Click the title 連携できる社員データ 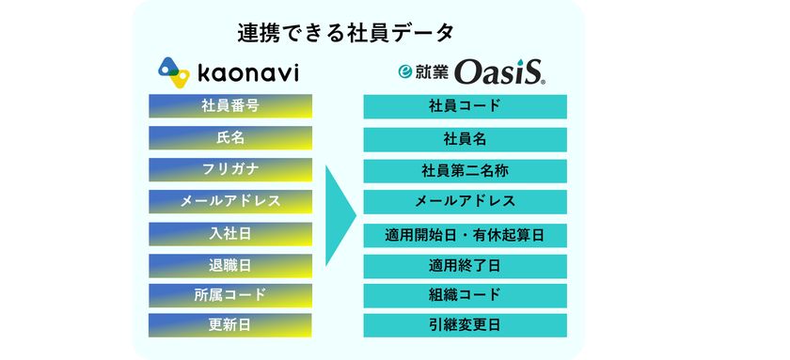pyautogui.click(x=347, y=33)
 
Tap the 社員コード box pyautogui.click(x=465, y=106)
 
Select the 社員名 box pyautogui.click(x=465, y=139)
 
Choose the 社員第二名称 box pyautogui.click(x=465, y=171)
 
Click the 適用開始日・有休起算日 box pyautogui.click(x=465, y=234)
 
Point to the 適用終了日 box pyautogui.click(x=465, y=266)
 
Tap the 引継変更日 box pyautogui.click(x=465, y=325)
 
